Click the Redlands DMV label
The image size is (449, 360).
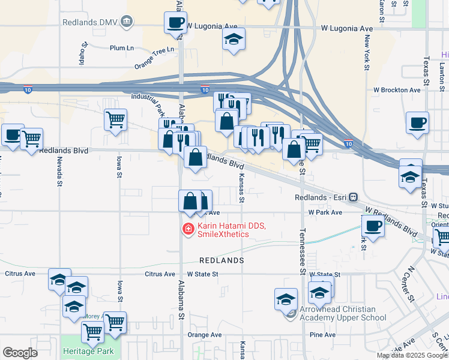click(x=89, y=23)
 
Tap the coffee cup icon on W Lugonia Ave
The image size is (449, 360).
click(x=175, y=23)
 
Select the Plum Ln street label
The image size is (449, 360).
click(x=121, y=48)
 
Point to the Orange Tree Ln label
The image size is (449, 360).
click(x=157, y=58)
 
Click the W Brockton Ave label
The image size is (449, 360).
click(x=397, y=90)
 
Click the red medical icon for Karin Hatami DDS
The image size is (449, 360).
click(x=188, y=229)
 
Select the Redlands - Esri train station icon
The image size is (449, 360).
click(x=354, y=197)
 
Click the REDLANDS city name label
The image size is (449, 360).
click(x=222, y=260)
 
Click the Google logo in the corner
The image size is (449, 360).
click(x=20, y=353)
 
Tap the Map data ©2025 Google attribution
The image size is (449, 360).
click(x=411, y=355)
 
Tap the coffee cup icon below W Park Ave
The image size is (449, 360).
click(x=373, y=226)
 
